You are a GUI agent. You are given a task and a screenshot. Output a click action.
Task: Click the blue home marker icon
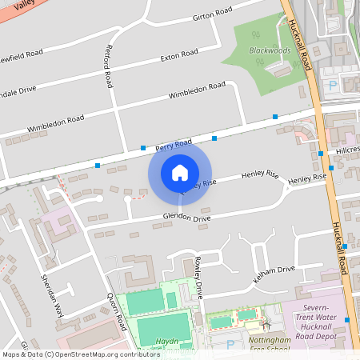click(180, 172)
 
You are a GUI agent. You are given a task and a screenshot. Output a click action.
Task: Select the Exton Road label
click(178, 55)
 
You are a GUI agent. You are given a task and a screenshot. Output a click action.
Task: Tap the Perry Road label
click(174, 145)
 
